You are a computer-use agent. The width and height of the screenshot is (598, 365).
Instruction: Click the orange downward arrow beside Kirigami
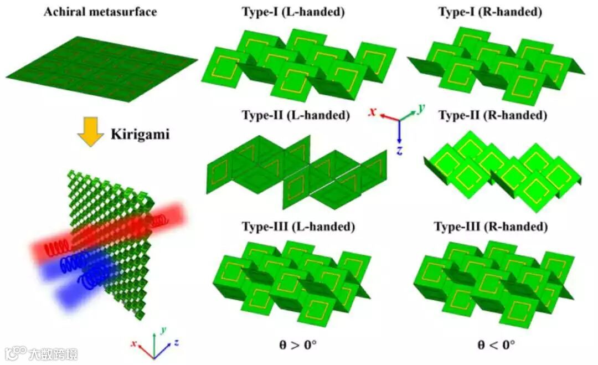click(x=91, y=135)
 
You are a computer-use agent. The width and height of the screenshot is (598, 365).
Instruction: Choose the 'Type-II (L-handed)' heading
click(x=296, y=116)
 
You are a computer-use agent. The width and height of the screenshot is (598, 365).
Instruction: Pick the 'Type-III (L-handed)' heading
click(x=298, y=227)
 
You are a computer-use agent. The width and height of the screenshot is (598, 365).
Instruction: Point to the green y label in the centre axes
click(x=422, y=109)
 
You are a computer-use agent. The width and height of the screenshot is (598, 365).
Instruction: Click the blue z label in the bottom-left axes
click(x=176, y=343)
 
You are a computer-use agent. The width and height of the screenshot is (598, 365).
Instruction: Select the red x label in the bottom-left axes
click(x=133, y=344)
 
